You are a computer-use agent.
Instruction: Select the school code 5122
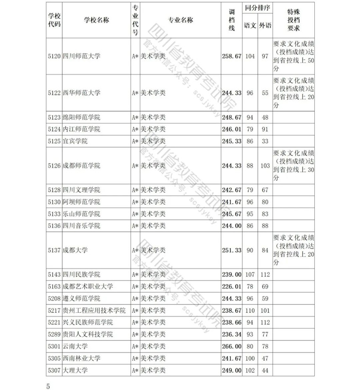tap(54, 93)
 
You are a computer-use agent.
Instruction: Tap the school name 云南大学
tap(75, 346)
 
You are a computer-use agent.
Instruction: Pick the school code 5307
tap(54, 370)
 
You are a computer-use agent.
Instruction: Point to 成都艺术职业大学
tap(88, 286)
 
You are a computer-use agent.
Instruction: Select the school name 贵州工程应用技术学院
tap(94, 310)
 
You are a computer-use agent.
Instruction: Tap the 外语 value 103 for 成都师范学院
tap(265, 166)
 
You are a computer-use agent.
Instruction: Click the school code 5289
tap(54, 334)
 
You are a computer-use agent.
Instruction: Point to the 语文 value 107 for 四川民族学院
tap(250, 274)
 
